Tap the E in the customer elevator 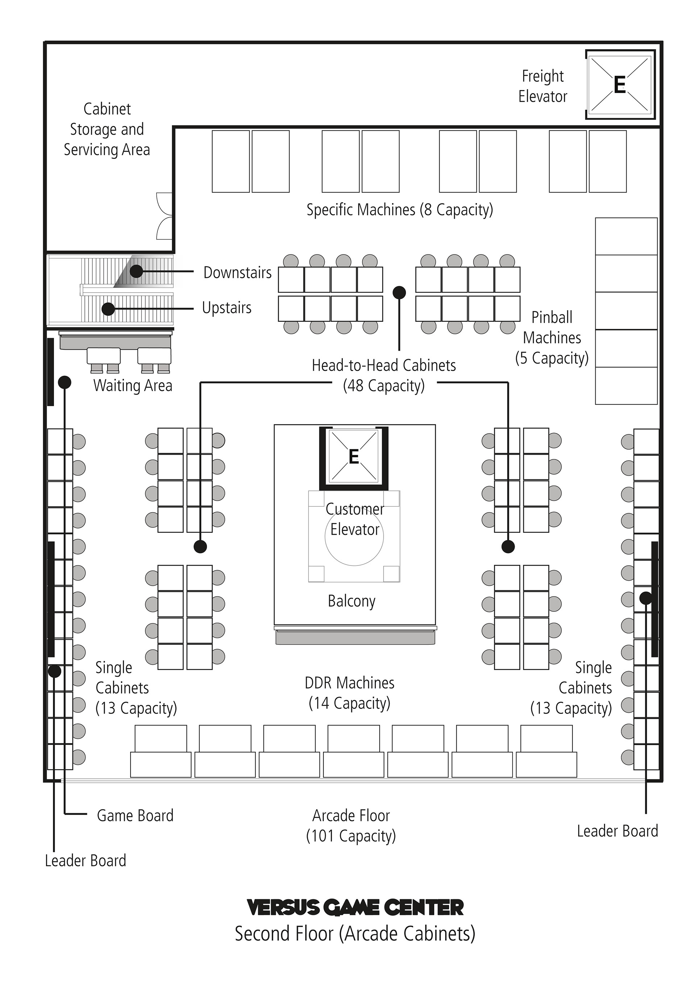tap(353, 456)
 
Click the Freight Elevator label tap(543, 86)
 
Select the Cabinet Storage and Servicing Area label tap(107, 129)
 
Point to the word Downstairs tap(237, 273)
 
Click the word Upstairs tap(227, 308)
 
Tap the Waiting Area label tap(133, 386)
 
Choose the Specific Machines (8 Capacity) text tap(399, 210)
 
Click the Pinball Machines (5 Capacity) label tap(552, 338)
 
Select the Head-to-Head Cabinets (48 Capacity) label tap(384, 375)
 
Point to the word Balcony tap(352, 601)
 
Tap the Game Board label tap(135, 815)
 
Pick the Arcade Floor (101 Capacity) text tap(351, 826)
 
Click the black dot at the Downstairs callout tap(136, 271)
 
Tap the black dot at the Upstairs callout tap(108, 309)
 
